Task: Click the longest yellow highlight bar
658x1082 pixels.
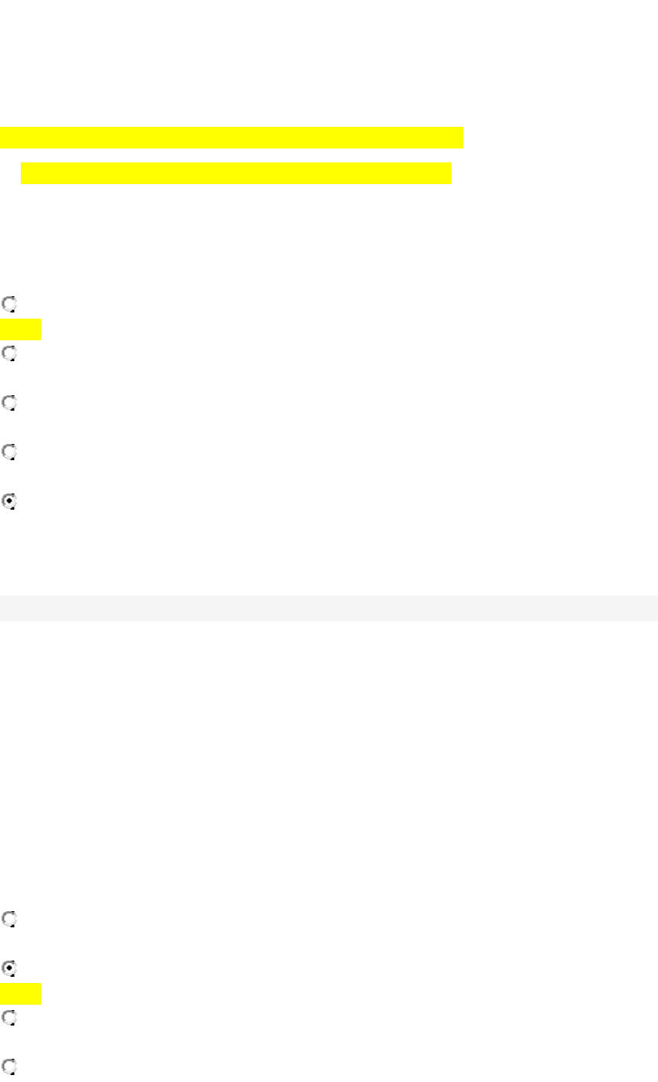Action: (x=231, y=137)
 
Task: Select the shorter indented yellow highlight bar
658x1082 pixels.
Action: (x=236, y=172)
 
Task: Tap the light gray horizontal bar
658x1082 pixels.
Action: (x=329, y=608)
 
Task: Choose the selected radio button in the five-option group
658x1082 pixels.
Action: (x=9, y=501)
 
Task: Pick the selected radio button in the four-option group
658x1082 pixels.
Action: (x=9, y=968)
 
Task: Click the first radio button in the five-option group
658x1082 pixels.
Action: (x=9, y=304)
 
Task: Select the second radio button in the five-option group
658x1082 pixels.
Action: (x=9, y=353)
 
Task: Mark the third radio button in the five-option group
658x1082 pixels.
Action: (x=9, y=403)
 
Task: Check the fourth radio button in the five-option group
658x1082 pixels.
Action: (x=9, y=452)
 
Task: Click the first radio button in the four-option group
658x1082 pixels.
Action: (x=9, y=919)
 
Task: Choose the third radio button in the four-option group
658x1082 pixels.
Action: (x=9, y=1018)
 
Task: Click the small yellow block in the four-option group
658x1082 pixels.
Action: (x=20, y=994)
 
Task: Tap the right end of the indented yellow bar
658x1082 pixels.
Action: (x=448, y=172)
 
